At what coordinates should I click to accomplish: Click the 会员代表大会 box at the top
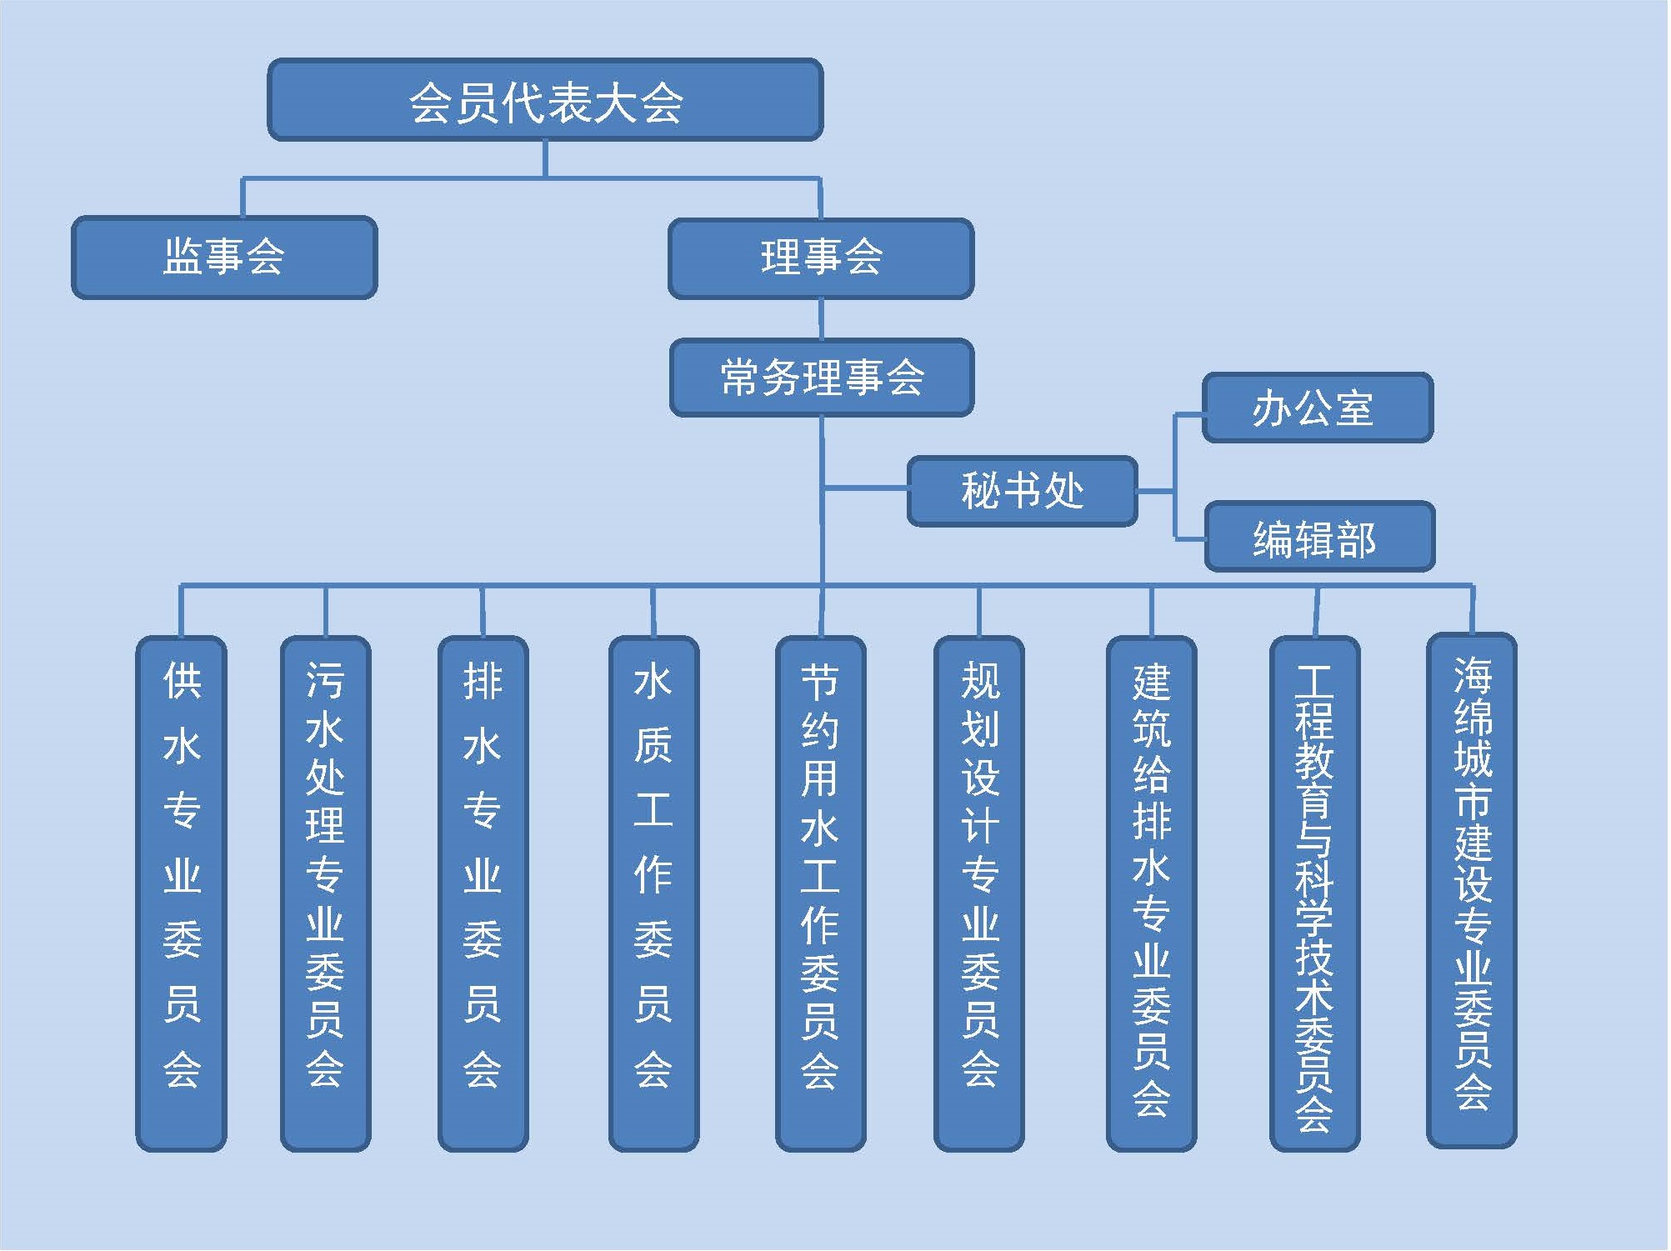coord(545,100)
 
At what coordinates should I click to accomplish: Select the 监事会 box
coord(224,257)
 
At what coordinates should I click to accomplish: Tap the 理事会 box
coord(821,258)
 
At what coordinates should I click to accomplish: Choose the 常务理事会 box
coord(822,377)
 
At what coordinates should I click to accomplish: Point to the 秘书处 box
coord(1022,491)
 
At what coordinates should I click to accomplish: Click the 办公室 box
coord(1317,408)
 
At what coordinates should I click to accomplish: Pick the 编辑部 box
coord(1319,537)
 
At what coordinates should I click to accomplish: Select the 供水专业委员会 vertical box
coord(182,893)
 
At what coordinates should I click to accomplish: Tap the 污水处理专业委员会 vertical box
coord(325,893)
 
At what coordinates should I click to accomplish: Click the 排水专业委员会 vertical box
coord(483,893)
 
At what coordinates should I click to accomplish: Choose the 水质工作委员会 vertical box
coord(653,893)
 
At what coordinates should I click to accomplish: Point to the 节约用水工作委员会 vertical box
coord(820,893)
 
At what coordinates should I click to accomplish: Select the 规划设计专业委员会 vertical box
coord(979,893)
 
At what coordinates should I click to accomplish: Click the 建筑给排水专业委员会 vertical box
coord(1151,893)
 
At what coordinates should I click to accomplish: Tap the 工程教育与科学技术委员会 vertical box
coord(1314,893)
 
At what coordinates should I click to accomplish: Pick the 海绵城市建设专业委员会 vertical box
coord(1472,889)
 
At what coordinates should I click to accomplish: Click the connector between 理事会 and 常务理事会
coord(821,318)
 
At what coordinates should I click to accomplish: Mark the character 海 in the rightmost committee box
coord(1472,675)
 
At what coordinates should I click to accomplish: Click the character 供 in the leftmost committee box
coord(182,681)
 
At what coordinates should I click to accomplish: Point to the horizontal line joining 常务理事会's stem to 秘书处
coord(865,488)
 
